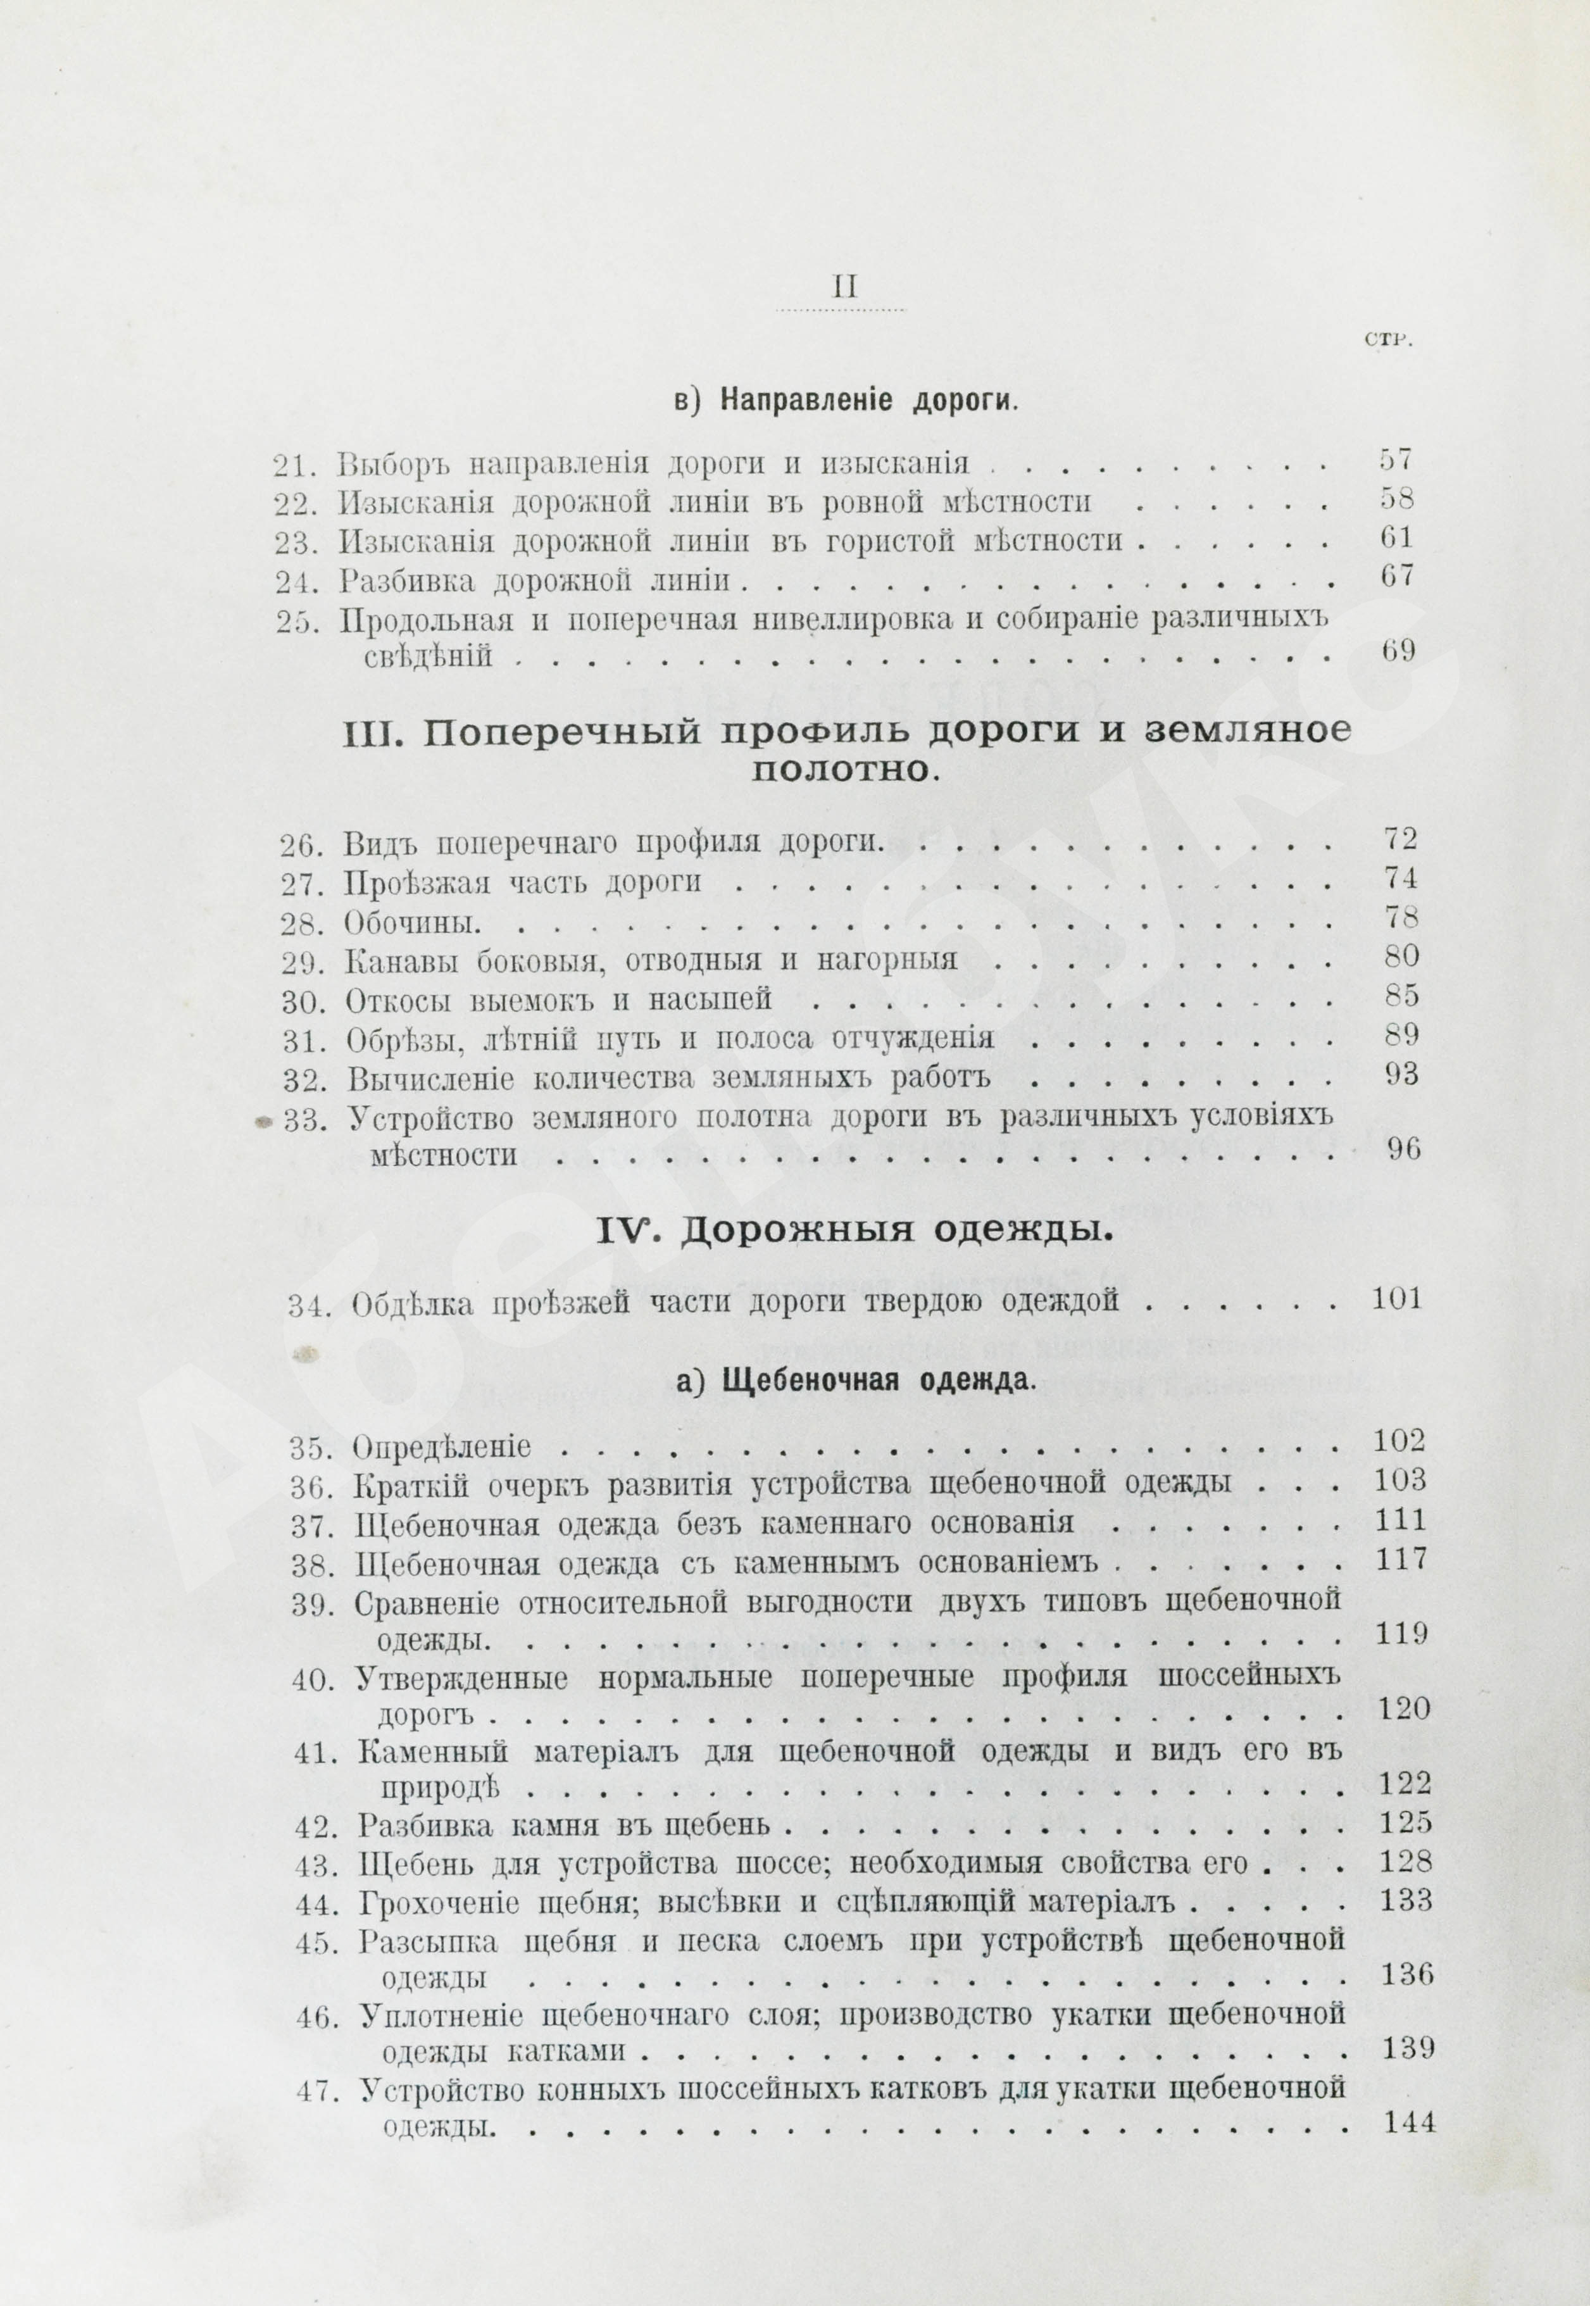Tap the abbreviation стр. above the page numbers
coord(1387,341)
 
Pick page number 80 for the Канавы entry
coord(1401,957)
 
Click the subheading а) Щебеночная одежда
coord(843,1381)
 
